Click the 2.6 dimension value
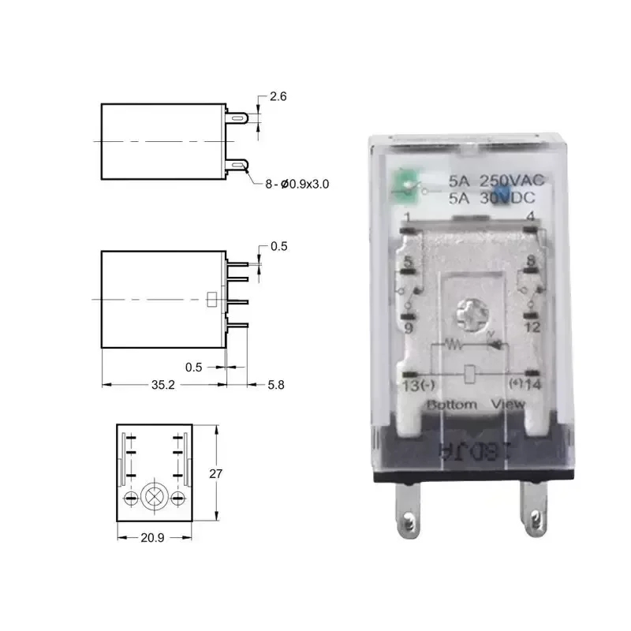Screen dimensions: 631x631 (278, 97)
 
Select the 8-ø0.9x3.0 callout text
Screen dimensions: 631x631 (297, 184)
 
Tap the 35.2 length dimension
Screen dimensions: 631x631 (162, 385)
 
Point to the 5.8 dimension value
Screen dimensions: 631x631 (275, 385)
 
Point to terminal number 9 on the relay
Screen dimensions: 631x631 (408, 327)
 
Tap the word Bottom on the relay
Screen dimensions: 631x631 (452, 405)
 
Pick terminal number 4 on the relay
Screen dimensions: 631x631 (531, 216)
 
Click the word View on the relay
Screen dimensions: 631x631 (508, 405)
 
